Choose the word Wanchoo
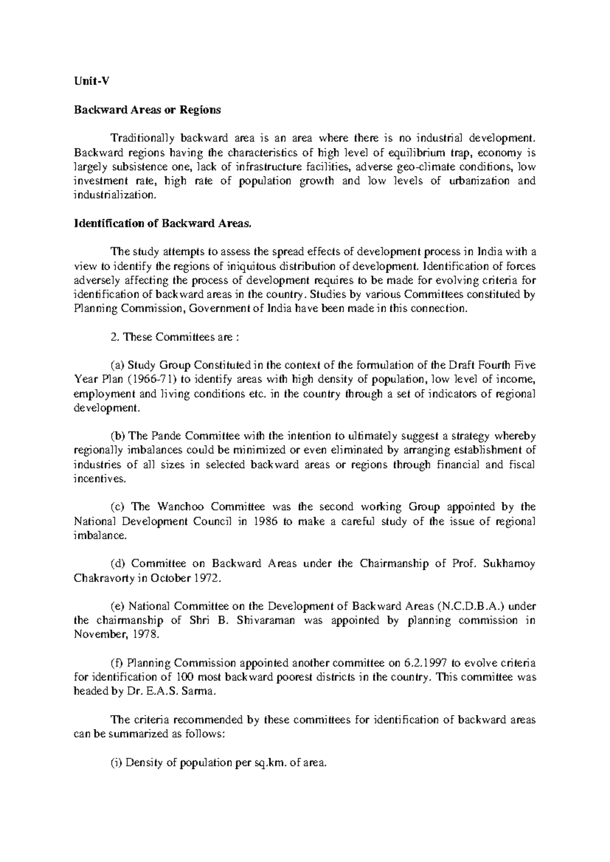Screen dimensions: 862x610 (x=181, y=507)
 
